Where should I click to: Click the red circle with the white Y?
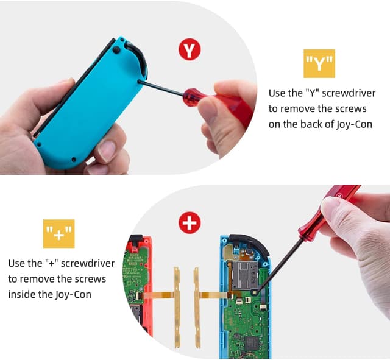[x=190, y=50]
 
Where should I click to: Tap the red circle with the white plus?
[x=190, y=223]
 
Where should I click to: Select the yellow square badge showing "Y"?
[x=319, y=63]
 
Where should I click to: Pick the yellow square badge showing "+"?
[x=58, y=233]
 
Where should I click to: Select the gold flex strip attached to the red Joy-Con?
[x=177, y=308]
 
